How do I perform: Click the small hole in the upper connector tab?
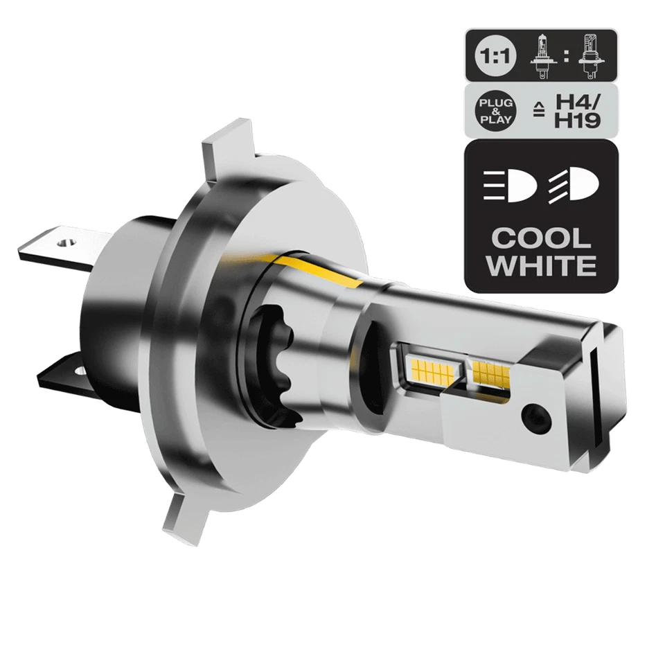tap(64, 243)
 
